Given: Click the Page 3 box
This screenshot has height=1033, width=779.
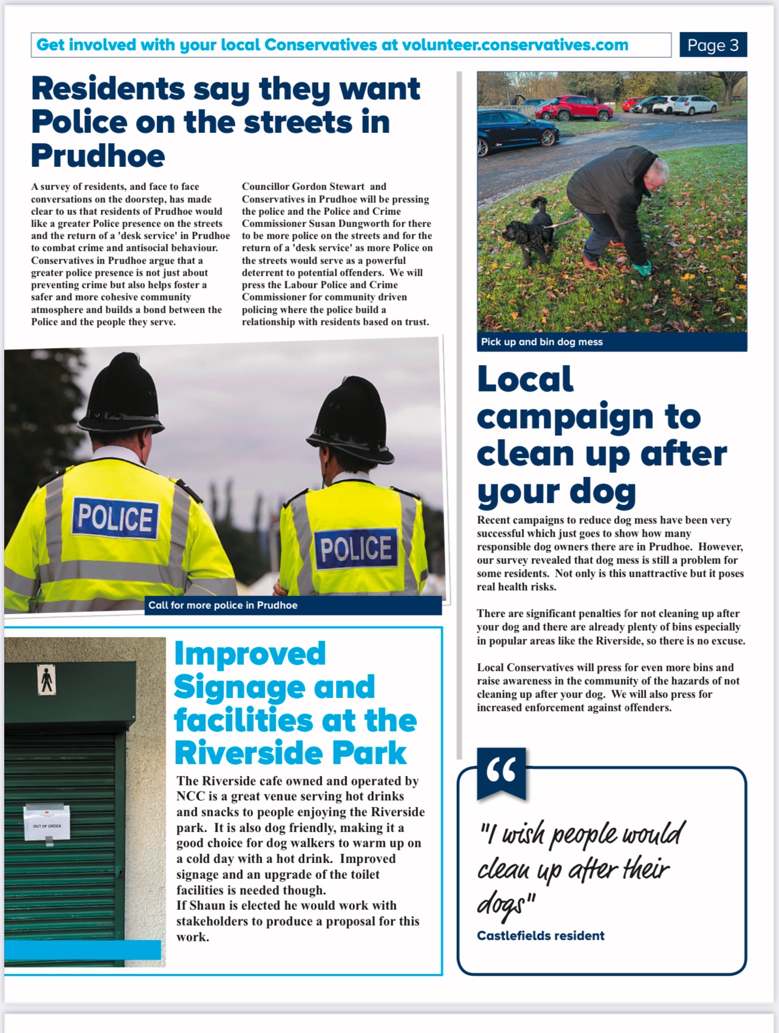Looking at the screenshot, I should click(713, 45).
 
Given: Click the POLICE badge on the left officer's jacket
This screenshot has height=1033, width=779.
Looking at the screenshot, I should click(115, 518).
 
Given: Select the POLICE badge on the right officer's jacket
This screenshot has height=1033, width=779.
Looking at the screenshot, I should click(356, 548).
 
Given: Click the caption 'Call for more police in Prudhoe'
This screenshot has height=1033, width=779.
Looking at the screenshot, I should click(223, 605).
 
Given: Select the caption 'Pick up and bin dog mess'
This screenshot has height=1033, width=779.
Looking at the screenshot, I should click(542, 342).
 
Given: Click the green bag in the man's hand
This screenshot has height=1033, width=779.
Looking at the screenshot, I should click(642, 268).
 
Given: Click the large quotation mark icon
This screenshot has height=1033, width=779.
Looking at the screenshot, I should click(501, 771).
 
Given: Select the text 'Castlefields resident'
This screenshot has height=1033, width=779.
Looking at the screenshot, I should click(541, 935).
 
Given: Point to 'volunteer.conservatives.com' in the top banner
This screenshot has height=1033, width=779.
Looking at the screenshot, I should click(515, 45).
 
